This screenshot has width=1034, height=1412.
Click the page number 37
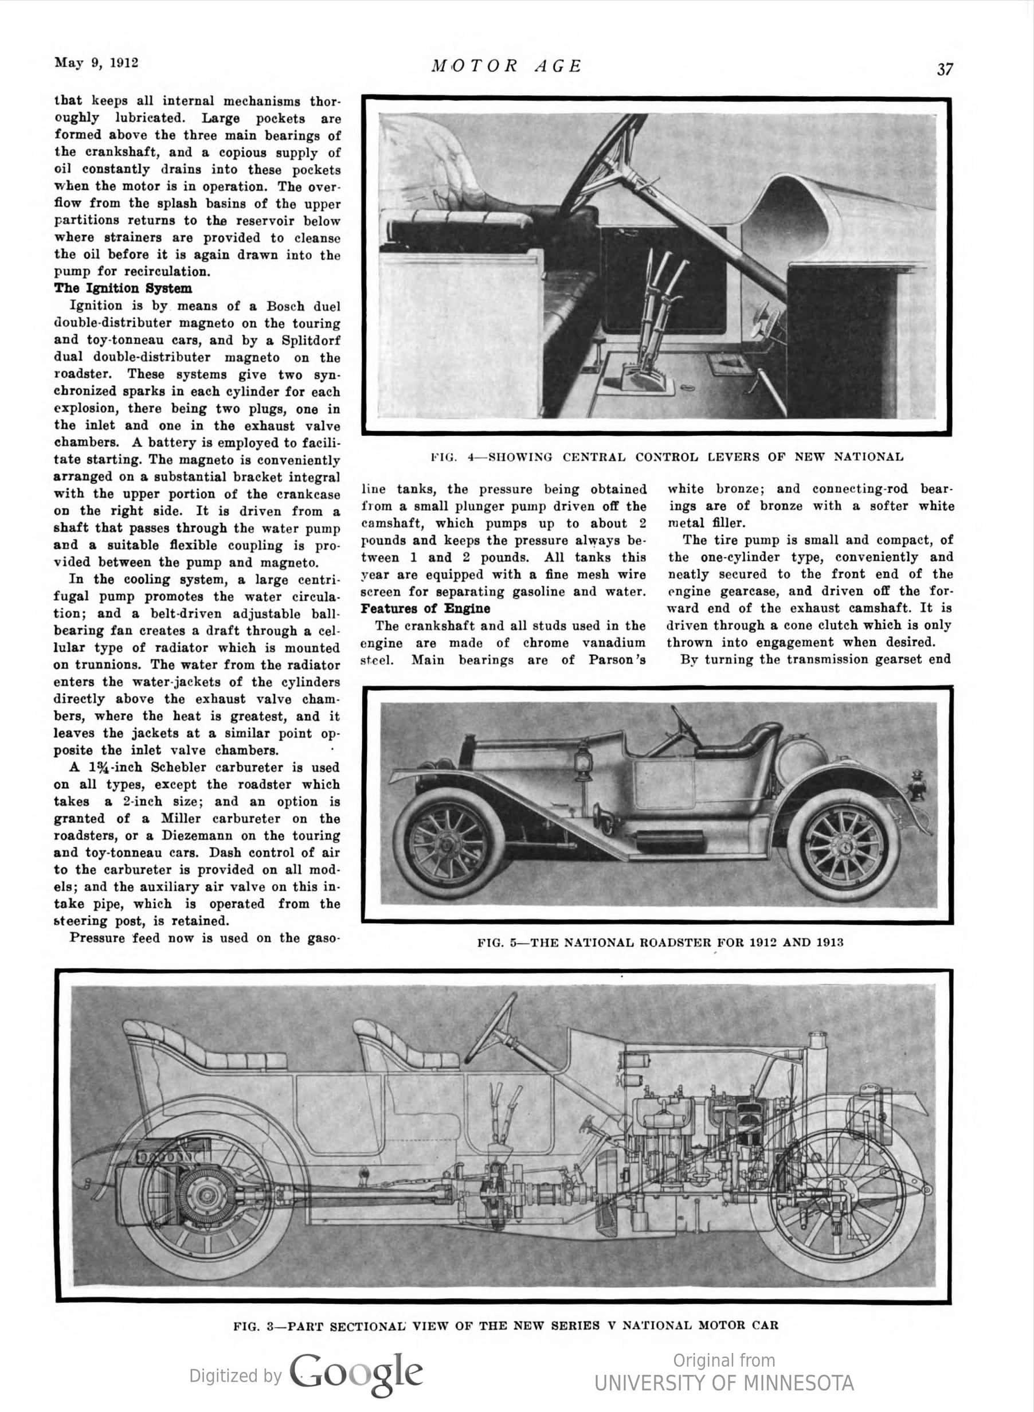click(x=945, y=69)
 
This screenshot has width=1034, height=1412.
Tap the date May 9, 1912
click(x=96, y=62)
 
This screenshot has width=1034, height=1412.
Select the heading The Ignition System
click(x=123, y=288)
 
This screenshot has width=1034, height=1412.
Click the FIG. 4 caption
click(x=667, y=457)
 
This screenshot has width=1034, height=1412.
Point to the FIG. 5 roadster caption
click(x=660, y=942)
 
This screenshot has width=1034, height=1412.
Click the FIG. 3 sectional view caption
click(x=506, y=1325)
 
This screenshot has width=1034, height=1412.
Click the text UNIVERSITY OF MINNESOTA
click(x=723, y=1383)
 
